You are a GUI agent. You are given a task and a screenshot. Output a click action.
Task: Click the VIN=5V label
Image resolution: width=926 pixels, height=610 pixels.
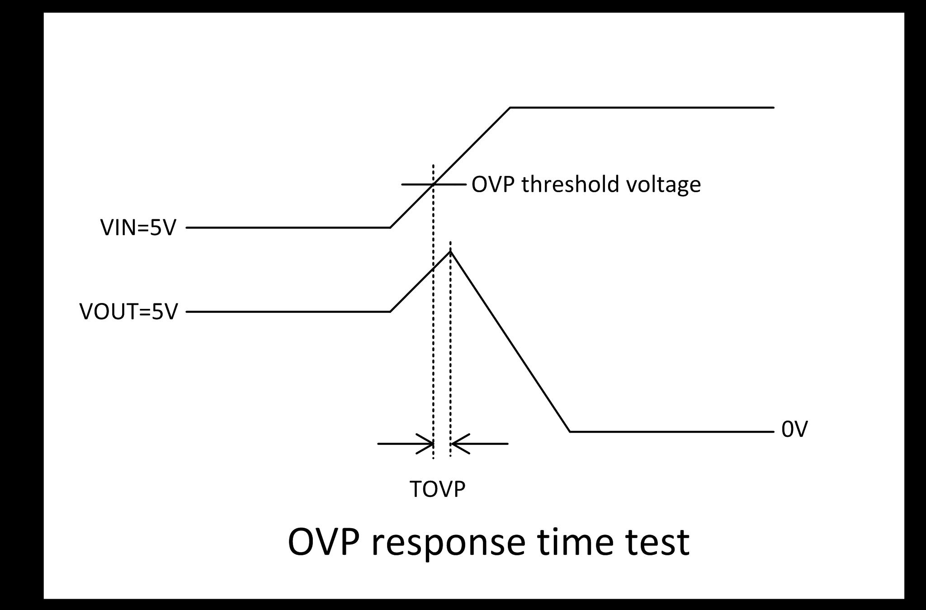click(138, 227)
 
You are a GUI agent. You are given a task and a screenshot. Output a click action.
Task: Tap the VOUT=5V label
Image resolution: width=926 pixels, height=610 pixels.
click(128, 312)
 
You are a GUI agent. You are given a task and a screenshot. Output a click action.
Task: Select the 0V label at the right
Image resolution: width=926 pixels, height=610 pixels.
click(794, 430)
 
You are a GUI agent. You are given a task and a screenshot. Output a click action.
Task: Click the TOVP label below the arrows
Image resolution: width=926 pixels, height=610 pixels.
click(437, 489)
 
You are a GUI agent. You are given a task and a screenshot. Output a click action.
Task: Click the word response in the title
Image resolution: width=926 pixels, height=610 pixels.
click(448, 542)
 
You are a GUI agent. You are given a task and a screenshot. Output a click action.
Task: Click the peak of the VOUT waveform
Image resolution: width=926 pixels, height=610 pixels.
click(450, 251)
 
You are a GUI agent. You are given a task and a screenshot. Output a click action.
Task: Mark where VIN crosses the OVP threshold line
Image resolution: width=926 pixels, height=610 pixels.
click(433, 184)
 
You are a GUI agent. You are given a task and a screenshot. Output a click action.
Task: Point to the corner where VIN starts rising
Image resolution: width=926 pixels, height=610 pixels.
click(390, 227)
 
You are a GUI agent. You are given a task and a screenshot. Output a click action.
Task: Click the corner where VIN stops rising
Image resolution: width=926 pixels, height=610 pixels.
click(510, 108)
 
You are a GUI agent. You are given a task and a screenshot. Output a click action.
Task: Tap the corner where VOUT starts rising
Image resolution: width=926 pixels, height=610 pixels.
click(390, 312)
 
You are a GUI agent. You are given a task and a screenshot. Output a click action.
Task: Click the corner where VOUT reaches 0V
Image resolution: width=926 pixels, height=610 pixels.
click(570, 431)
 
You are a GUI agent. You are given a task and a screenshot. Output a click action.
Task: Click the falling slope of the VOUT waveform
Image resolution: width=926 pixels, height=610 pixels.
click(510, 341)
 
